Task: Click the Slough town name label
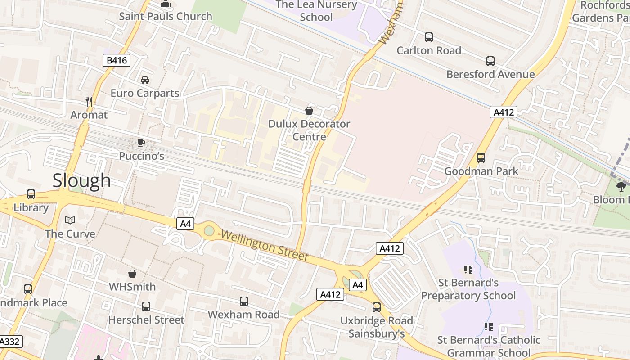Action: pos(81,180)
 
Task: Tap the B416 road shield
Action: pos(116,60)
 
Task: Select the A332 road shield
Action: pos(10,342)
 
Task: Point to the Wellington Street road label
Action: pos(265,246)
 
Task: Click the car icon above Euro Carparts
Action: pos(145,80)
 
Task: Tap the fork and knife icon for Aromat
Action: pos(89,102)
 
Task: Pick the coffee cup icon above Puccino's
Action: pos(141,143)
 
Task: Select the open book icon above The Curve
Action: pos(70,220)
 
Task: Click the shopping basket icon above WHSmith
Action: pos(132,274)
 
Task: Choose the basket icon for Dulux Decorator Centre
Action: pos(309,110)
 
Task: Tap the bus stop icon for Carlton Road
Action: pos(429,37)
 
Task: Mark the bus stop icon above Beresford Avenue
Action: pos(490,61)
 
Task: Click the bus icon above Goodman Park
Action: pos(481,158)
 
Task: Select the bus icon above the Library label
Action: pos(31,194)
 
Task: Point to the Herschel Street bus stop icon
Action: pos(146,306)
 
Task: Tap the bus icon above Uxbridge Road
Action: pos(377,307)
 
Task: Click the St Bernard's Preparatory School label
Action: pos(468,289)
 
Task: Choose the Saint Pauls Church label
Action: pos(166,16)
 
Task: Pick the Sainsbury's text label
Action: pos(377,333)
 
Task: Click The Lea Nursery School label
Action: pos(316,11)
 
